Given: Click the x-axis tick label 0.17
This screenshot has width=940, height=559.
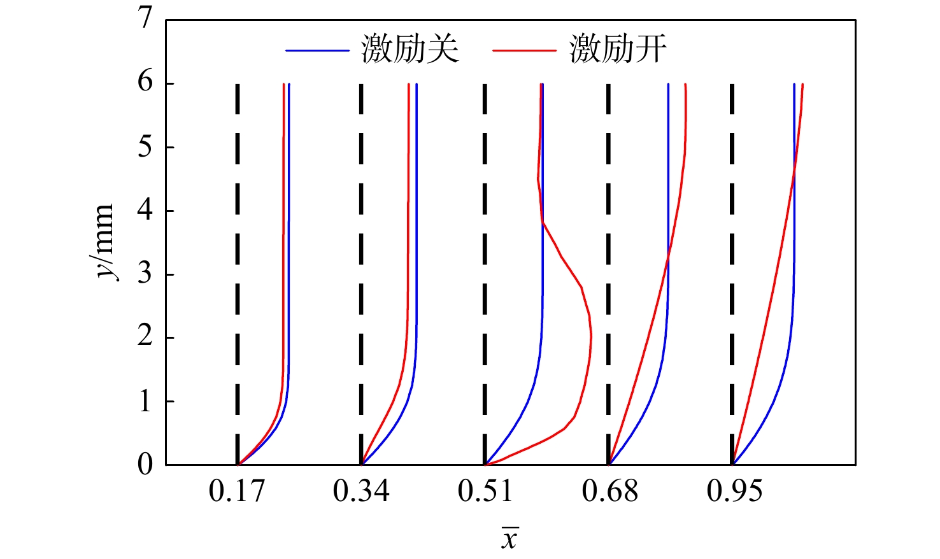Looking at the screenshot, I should (236, 492).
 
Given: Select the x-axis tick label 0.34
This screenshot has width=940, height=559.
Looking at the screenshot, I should (360, 492).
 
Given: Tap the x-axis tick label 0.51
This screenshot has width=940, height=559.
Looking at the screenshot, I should (485, 492).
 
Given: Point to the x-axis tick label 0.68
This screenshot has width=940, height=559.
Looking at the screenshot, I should (609, 492).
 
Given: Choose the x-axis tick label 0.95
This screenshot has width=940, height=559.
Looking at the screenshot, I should (734, 492).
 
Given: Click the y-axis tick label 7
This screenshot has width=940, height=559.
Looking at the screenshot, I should (146, 18).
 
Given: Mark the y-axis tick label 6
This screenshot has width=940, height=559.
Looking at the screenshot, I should (146, 83).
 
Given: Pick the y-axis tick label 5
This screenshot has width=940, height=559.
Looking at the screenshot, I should (146, 146).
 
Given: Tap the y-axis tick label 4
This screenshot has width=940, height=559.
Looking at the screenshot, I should (146, 210).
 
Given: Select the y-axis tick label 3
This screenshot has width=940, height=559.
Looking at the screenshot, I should (146, 274).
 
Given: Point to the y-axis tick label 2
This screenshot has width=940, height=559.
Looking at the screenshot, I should (146, 337).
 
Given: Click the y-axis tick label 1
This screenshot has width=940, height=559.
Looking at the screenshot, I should (146, 401).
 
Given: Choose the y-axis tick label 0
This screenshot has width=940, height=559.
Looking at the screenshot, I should (146, 465).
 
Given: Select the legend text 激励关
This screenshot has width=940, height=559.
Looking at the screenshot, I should (410, 50).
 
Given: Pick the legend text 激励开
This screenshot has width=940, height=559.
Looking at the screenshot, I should (618, 50).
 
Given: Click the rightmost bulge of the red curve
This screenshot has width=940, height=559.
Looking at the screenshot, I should (590, 336).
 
